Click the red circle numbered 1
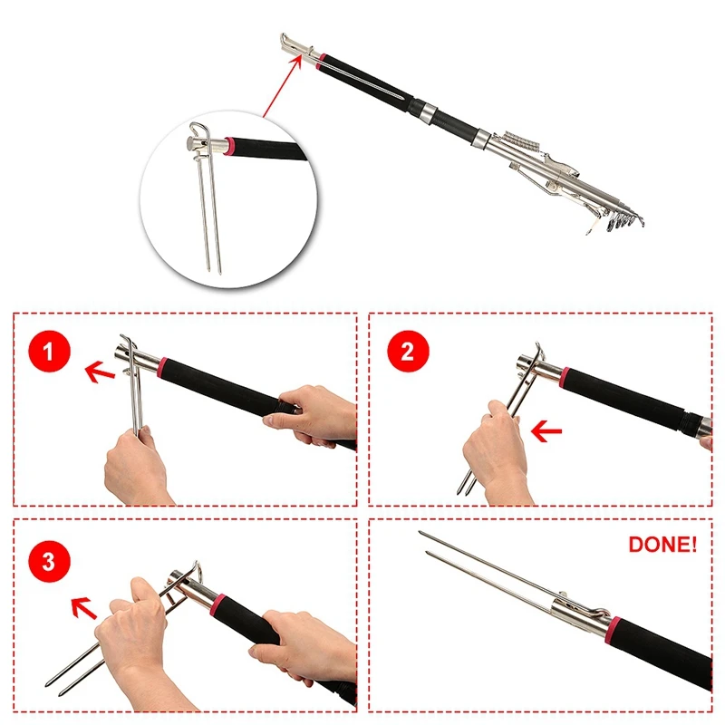(50, 352)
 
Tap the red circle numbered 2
(408, 352)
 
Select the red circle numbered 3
(50, 562)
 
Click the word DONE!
(662, 545)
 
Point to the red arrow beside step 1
(100, 372)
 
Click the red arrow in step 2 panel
(546, 432)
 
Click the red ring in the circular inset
(228, 146)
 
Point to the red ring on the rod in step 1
(161, 368)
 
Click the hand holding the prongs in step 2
(496, 450)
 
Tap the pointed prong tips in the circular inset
(214, 269)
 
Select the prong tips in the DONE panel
(424, 542)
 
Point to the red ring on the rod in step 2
(564, 378)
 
